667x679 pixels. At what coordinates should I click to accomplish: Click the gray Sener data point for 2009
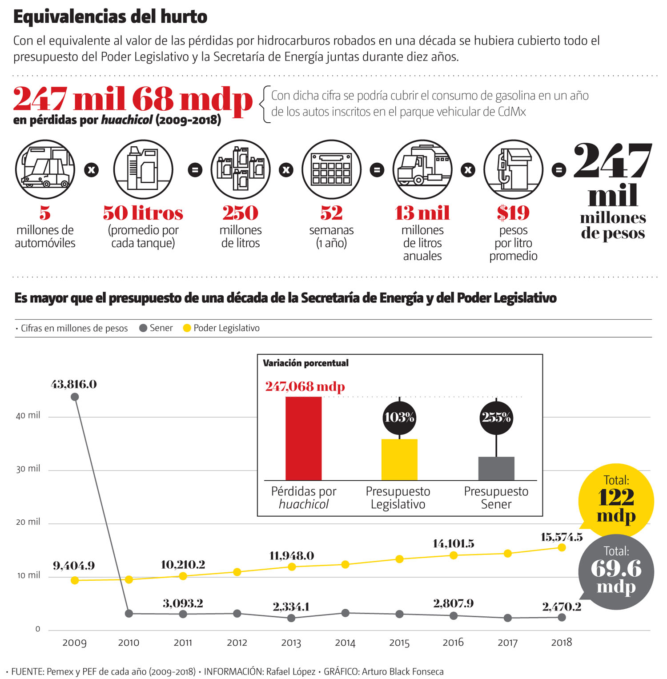point(75,397)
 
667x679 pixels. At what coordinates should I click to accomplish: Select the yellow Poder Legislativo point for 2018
point(562,547)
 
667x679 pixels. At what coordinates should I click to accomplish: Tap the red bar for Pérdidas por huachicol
point(303,438)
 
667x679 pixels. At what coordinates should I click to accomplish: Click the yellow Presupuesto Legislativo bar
point(399,459)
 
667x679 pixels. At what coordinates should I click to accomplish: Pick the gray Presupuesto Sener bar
point(496,468)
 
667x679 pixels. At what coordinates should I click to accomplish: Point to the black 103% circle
point(399,418)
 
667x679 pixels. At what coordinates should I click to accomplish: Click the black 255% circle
point(496,418)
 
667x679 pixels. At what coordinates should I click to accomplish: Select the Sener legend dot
point(143,328)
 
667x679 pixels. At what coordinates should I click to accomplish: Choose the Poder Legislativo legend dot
point(187,328)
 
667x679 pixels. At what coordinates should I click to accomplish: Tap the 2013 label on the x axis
point(291,643)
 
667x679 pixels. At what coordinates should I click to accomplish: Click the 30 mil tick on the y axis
point(28,469)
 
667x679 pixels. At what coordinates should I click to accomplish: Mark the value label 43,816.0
point(74,384)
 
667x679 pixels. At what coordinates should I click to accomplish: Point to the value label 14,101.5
point(453,543)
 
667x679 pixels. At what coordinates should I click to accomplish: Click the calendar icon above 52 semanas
point(332,169)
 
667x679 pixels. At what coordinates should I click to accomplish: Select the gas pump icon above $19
point(514,169)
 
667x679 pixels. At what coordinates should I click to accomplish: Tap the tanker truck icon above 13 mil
point(422,169)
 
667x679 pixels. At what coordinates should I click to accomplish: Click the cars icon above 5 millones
point(45,169)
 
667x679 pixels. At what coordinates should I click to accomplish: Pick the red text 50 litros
point(143,213)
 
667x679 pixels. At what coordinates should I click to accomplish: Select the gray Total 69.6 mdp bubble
point(616,571)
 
